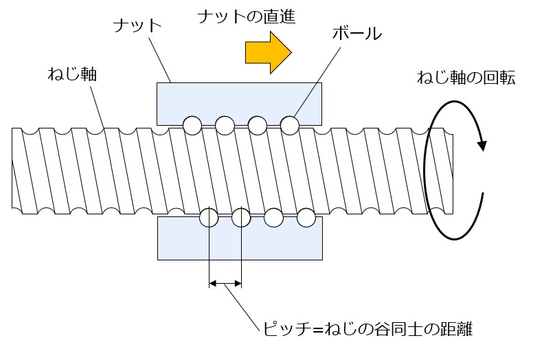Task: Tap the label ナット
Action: click(137, 26)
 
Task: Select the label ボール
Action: click(356, 34)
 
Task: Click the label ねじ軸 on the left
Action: click(72, 74)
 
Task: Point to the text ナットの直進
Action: click(245, 16)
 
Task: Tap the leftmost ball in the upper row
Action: click(192, 125)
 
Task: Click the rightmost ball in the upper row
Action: click(289, 125)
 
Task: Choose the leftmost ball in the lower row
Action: click(208, 218)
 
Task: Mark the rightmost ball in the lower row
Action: click(306, 218)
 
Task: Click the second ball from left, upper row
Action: click(225, 125)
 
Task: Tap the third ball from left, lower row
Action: click(273, 218)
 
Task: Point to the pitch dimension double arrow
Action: click(225, 282)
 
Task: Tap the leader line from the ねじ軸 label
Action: click(95, 106)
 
